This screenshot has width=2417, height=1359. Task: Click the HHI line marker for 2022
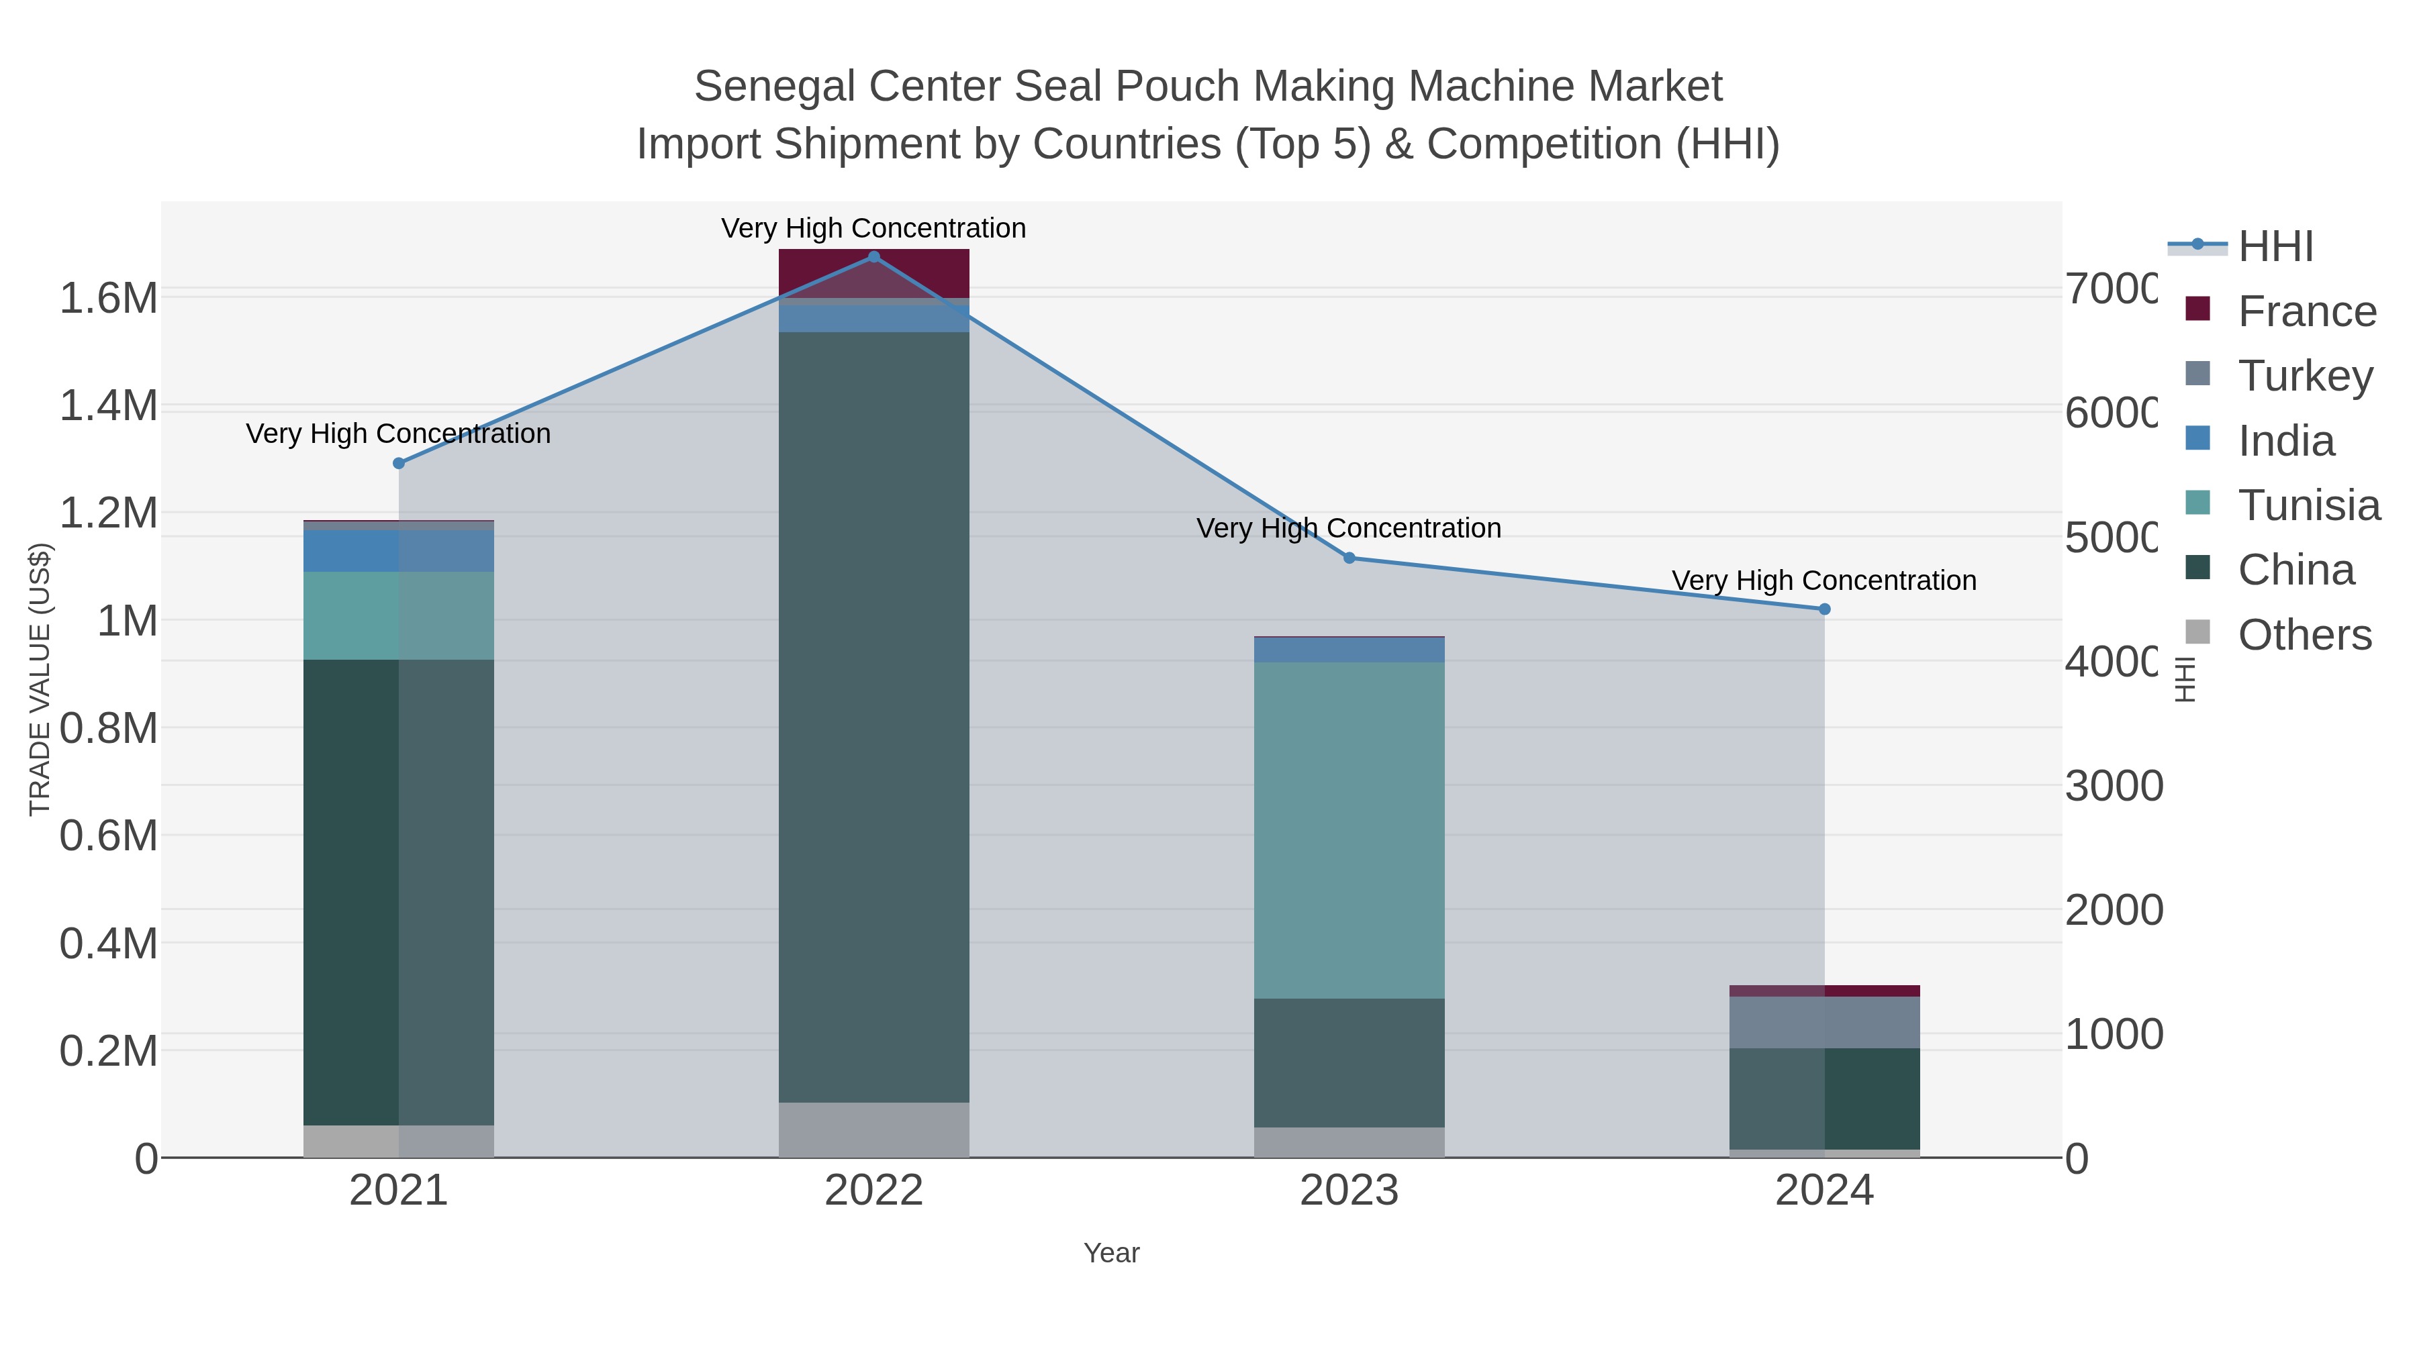(x=873, y=257)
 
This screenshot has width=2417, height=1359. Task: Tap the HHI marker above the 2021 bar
(x=399, y=463)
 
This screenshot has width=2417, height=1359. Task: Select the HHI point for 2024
(x=1824, y=609)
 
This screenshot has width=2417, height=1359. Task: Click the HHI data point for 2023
(x=1349, y=558)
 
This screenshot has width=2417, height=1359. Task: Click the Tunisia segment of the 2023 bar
(x=1349, y=830)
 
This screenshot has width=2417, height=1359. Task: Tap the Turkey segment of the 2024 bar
(x=1824, y=1022)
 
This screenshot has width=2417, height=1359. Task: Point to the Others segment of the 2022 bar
(x=873, y=1130)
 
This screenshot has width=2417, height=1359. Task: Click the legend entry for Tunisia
(x=2308, y=505)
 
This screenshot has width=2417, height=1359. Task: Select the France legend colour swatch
(x=2197, y=309)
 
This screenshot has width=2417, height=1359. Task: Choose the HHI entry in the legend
(x=2275, y=247)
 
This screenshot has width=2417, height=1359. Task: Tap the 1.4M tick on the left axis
(x=109, y=406)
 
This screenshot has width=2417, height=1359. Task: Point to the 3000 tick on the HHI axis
(x=2113, y=786)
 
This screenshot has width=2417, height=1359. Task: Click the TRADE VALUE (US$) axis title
(x=40, y=679)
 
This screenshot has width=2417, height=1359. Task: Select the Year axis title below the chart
(x=1111, y=1253)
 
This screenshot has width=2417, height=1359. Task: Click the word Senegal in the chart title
(x=774, y=87)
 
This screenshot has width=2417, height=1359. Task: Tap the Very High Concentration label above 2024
(x=1824, y=581)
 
